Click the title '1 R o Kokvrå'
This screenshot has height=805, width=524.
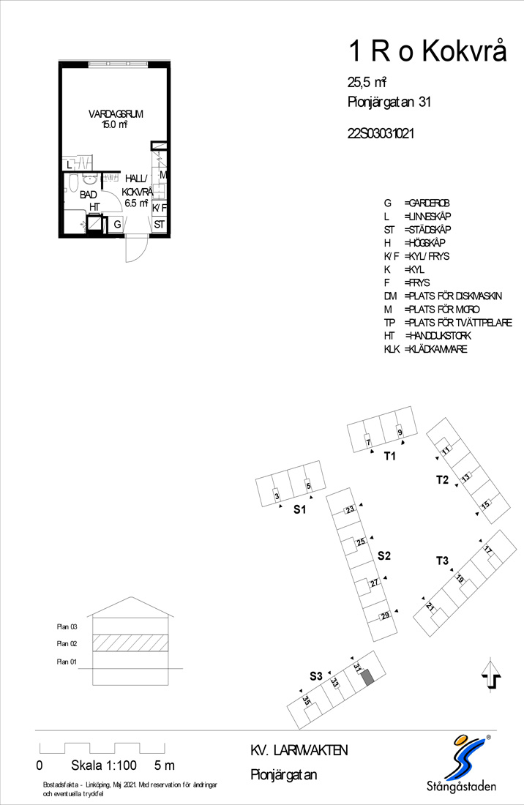click(427, 51)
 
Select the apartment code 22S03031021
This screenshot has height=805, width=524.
click(381, 133)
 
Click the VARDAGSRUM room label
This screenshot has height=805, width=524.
click(116, 114)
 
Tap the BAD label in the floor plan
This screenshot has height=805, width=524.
click(89, 195)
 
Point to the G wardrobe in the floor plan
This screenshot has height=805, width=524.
click(117, 225)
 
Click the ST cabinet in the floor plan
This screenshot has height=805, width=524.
click(160, 225)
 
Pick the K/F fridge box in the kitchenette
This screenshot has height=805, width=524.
click(160, 207)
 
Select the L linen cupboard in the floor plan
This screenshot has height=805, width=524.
click(70, 165)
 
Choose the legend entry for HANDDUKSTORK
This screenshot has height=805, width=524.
click(427, 336)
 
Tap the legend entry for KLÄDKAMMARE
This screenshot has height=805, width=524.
click(425, 349)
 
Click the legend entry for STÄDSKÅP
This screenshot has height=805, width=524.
click(417, 230)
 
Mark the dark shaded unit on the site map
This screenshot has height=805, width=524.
click(367, 677)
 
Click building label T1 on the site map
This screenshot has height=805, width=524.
click(390, 456)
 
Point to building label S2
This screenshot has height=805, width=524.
click(384, 555)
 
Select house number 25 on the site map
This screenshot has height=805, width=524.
click(361, 542)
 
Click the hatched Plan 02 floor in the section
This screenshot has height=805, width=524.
click(130, 643)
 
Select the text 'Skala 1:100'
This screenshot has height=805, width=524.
click(104, 765)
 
